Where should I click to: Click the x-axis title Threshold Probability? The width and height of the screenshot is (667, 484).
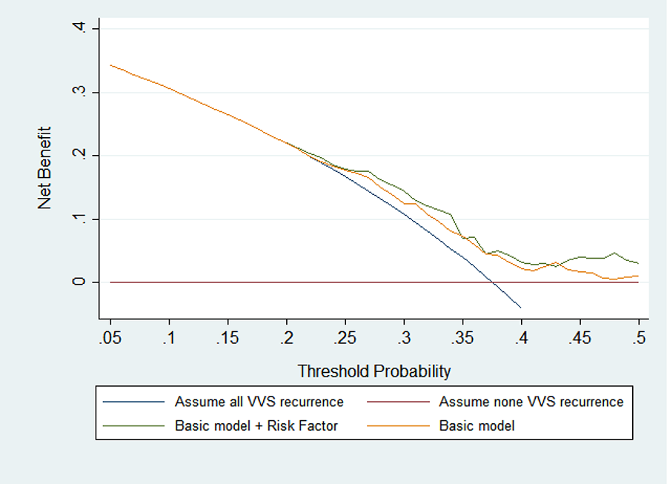[x=374, y=371]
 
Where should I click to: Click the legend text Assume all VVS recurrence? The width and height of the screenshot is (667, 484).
[x=259, y=402]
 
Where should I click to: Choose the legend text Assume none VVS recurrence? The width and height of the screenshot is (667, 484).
[x=531, y=402]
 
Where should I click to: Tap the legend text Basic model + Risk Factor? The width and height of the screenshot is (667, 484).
[x=256, y=425]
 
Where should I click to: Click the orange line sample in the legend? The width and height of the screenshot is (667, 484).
[x=398, y=425]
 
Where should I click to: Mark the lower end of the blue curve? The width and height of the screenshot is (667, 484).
[x=521, y=308]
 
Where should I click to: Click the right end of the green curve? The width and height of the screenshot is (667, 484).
[x=638, y=263]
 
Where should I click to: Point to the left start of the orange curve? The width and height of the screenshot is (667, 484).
[x=110, y=65]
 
